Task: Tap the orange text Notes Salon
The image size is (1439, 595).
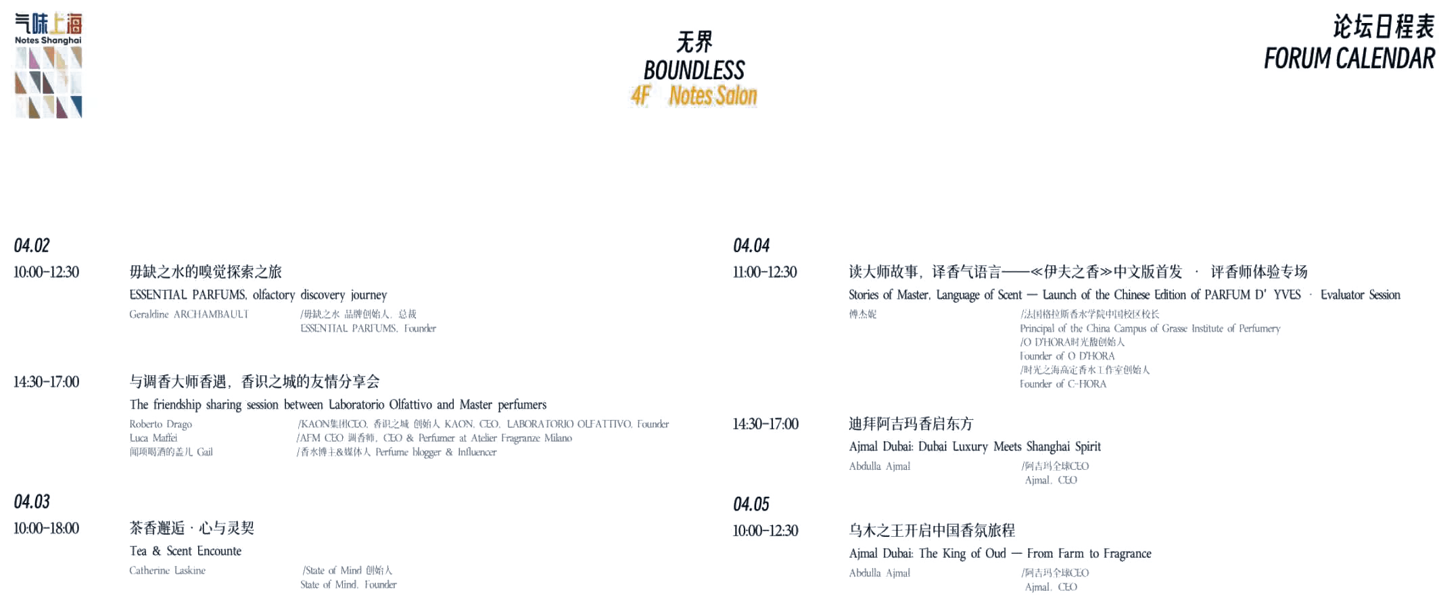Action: click(x=713, y=96)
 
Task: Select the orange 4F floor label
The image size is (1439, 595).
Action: click(x=640, y=96)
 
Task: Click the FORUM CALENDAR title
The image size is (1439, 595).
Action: click(x=1349, y=59)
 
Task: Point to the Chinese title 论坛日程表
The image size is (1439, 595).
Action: click(x=1382, y=27)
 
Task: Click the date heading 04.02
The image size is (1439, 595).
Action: click(x=31, y=245)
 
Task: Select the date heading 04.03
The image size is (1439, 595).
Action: click(x=31, y=501)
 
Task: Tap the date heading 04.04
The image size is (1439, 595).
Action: click(x=751, y=245)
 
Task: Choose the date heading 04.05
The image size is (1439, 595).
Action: click(x=751, y=504)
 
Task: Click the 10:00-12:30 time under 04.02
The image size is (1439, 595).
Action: click(x=46, y=272)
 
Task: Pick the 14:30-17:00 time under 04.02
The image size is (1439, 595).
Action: click(x=46, y=382)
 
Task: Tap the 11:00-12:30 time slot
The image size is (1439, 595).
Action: click(x=765, y=272)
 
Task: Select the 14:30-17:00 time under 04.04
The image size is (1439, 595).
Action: click(x=765, y=425)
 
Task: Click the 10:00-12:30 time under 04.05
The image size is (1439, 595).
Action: click(x=765, y=531)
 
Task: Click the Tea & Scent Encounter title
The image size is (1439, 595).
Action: click(x=186, y=551)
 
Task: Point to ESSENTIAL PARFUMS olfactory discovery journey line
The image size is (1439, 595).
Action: click(x=259, y=295)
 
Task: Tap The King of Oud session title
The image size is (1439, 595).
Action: click(x=1000, y=554)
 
